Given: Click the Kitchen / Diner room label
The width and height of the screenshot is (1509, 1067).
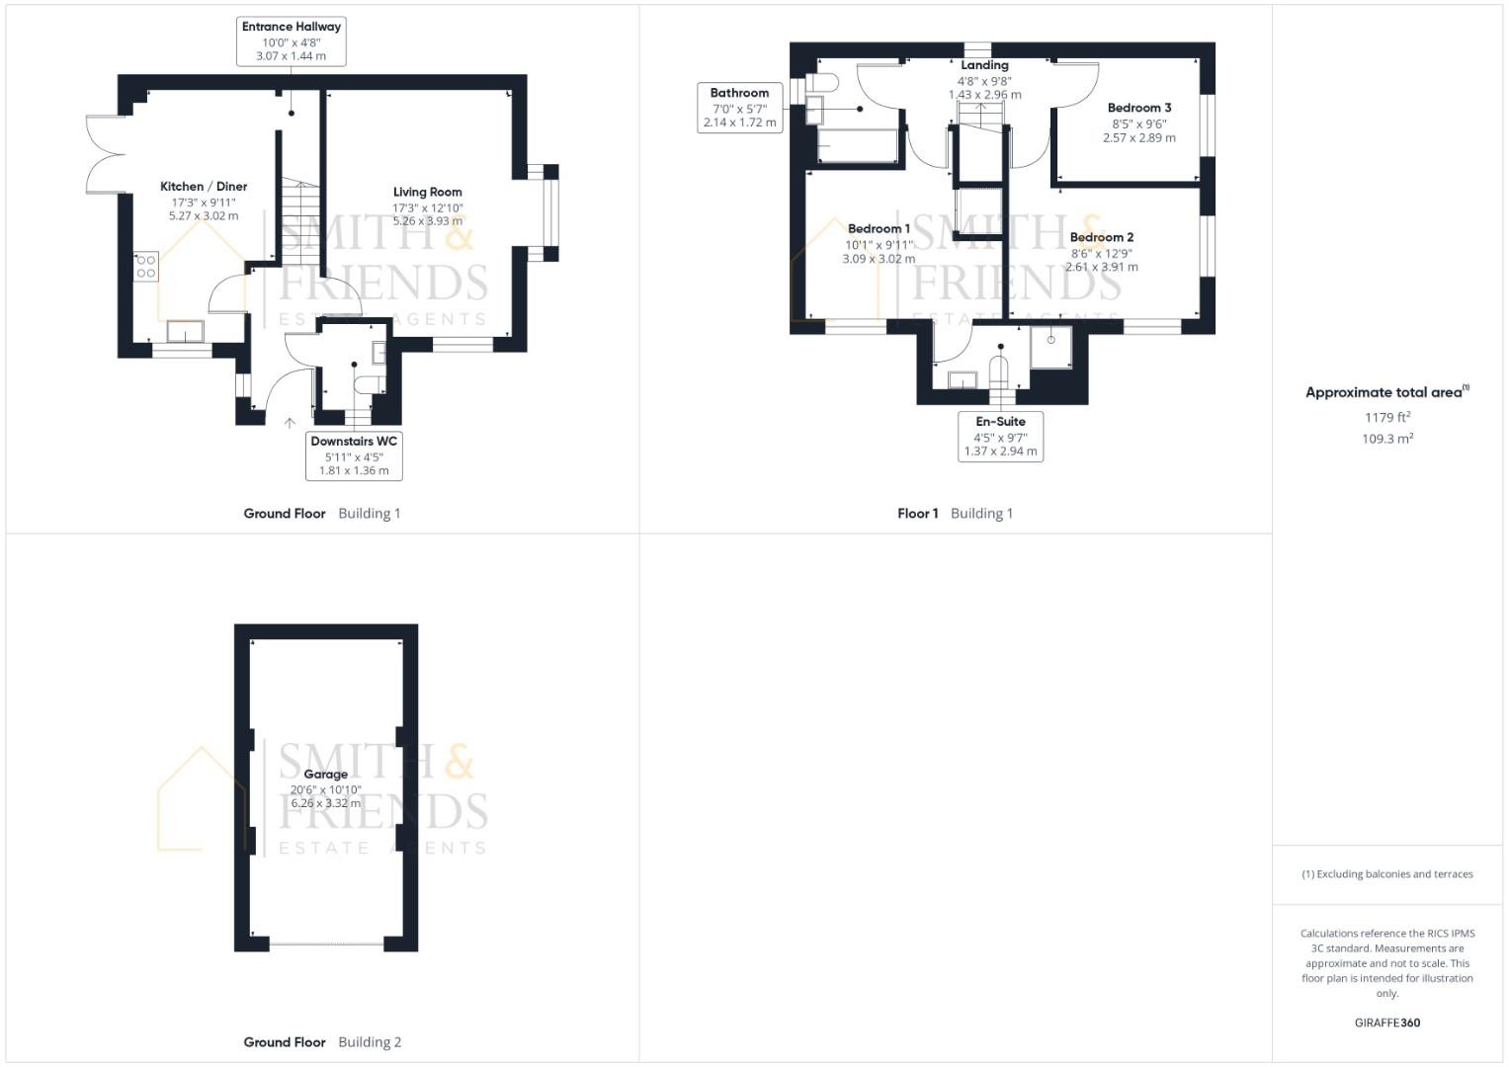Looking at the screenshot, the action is tap(204, 187).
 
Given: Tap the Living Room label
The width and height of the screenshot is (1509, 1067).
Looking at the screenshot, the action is tap(428, 192).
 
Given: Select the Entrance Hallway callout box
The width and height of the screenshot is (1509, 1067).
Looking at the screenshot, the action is tap(291, 41).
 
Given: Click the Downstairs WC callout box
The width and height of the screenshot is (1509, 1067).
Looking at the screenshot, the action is tap(354, 456).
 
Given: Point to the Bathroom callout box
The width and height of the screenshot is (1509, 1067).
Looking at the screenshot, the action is tap(740, 108).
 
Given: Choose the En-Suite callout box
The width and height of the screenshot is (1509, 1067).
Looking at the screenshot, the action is tap(1000, 437).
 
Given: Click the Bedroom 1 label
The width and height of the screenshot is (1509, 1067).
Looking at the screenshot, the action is tap(879, 229).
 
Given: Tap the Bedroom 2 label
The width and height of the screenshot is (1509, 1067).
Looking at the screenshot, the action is tap(1102, 237).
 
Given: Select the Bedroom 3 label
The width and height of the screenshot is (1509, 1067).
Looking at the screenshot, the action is tap(1139, 108).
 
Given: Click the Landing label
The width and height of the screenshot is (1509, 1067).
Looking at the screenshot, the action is tap(984, 65).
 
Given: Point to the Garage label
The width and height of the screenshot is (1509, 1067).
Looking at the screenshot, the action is tap(325, 775).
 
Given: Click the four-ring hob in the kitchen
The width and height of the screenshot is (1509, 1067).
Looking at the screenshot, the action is tap(146, 266).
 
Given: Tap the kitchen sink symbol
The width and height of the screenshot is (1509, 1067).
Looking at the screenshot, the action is tap(185, 331).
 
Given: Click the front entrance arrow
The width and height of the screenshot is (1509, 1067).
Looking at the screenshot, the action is tap(290, 423).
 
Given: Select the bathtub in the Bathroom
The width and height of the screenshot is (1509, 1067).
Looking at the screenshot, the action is tap(858, 145).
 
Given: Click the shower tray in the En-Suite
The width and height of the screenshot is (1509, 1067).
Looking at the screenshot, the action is tap(1050, 348).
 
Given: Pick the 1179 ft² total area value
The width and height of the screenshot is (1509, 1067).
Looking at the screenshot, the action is tap(1387, 417).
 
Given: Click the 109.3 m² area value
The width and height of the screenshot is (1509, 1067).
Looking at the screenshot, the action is tap(1387, 439).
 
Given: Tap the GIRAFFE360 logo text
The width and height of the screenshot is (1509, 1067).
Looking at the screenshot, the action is tap(1387, 1023).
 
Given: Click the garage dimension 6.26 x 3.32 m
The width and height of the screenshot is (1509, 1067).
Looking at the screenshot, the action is tap(325, 803).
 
